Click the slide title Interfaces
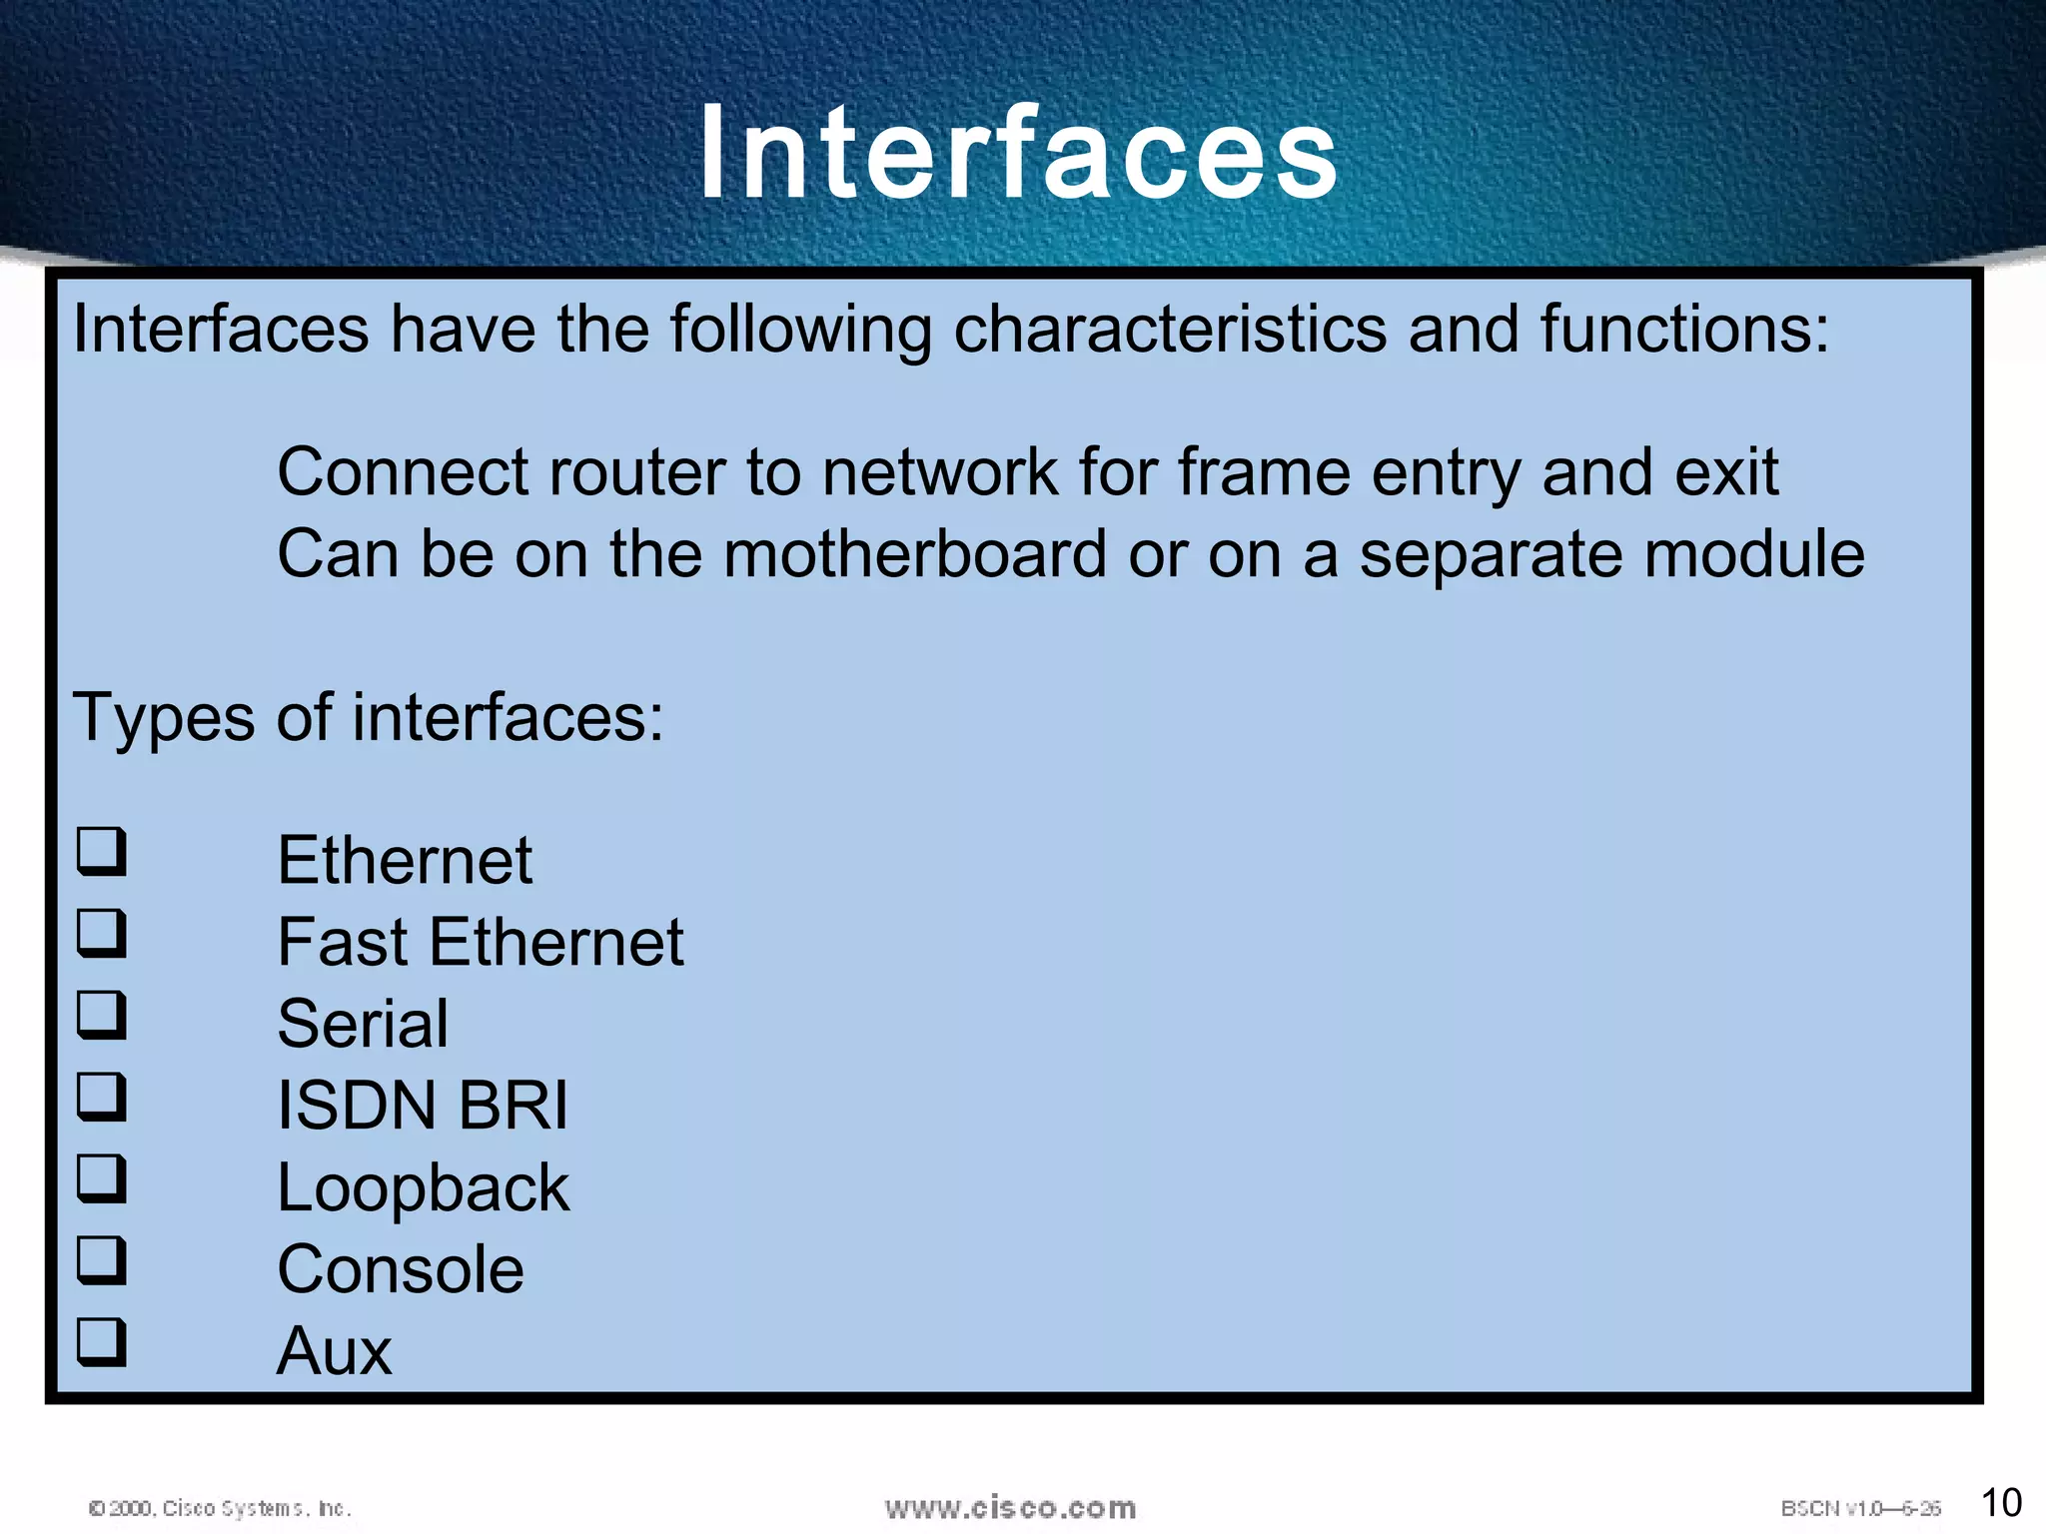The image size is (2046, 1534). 1018,153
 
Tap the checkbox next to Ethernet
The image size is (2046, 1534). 102,851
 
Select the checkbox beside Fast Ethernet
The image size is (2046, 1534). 102,933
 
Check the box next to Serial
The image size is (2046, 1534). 102,1015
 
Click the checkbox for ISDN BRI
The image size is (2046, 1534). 102,1097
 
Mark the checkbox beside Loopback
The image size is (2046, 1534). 102,1178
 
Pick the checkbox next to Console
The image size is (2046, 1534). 102,1260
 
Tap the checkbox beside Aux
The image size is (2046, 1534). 102,1342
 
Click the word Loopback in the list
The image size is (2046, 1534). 423,1188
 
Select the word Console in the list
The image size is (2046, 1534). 400,1270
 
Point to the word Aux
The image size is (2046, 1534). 334,1352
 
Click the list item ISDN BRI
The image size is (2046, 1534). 422,1107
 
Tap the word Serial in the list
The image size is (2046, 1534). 363,1025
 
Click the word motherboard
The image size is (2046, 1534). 914,554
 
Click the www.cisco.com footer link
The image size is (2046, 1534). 1010,1508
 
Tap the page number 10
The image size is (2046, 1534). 2000,1503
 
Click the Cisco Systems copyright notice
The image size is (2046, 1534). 220,1508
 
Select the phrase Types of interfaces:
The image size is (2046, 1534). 368,717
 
